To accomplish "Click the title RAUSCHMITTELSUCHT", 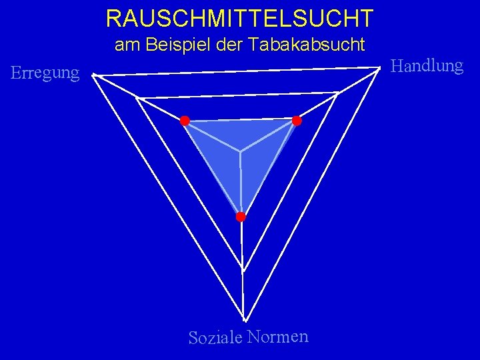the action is (x=239, y=18).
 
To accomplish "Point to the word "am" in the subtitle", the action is (x=125, y=45).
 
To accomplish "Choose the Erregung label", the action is (x=45, y=73).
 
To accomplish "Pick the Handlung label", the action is (x=427, y=65).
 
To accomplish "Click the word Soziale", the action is (x=215, y=337).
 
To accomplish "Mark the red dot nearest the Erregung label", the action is (x=185, y=121).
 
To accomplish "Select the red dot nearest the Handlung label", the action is (x=297, y=121).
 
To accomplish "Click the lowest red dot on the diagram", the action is (x=241, y=217).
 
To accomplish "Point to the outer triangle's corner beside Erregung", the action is (x=93, y=75).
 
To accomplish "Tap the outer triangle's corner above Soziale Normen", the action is (x=244, y=320).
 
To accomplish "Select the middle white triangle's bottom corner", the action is (x=243, y=271).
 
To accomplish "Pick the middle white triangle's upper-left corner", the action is (x=137, y=99).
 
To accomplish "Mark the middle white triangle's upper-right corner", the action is (x=337, y=93).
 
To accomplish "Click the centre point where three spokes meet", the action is (x=241, y=151).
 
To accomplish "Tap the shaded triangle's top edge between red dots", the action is (x=241, y=121).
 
